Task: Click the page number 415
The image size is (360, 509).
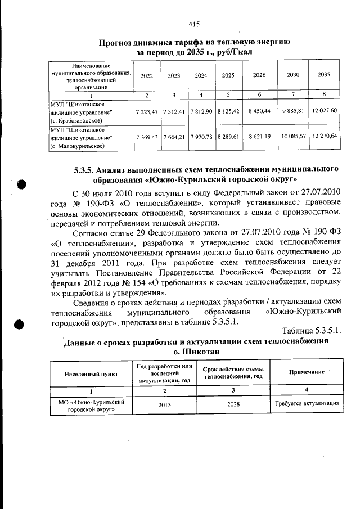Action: click(x=195, y=24)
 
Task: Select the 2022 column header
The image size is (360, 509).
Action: click(x=146, y=75)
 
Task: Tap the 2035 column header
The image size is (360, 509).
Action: click(x=324, y=75)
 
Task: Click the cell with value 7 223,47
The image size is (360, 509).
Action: click(x=146, y=111)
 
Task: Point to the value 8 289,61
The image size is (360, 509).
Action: click(x=228, y=137)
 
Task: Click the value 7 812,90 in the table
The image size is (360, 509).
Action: click(x=201, y=111)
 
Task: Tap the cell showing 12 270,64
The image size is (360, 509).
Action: click(x=324, y=136)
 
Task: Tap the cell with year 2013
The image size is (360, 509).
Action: click(x=165, y=404)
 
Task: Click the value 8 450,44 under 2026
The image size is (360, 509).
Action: click(x=259, y=111)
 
